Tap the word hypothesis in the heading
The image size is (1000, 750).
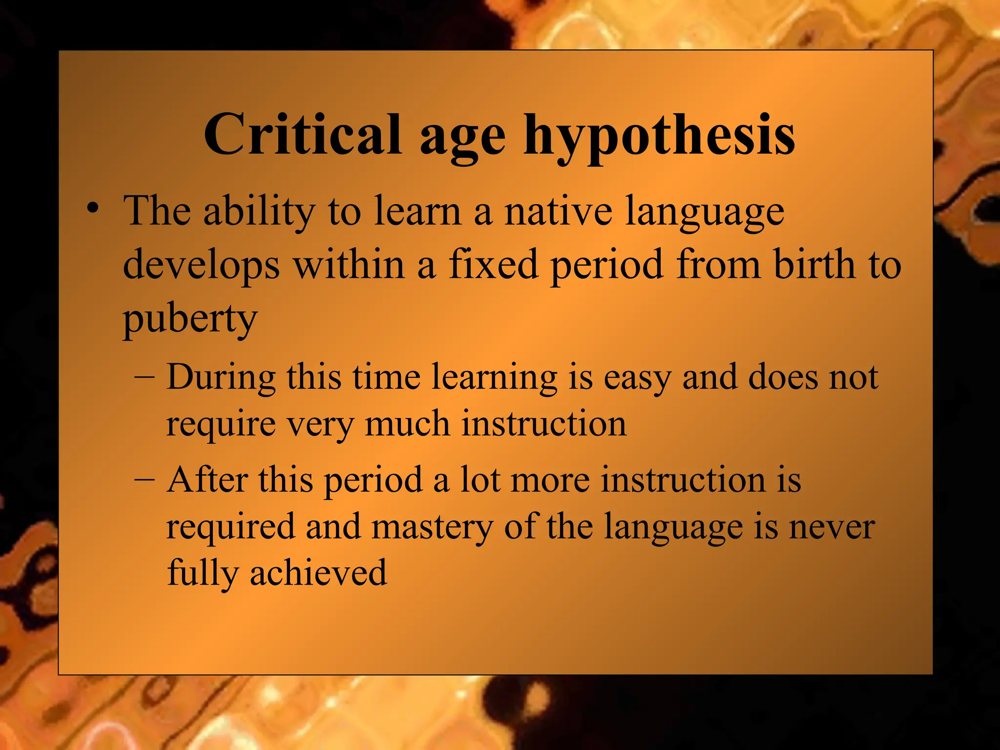coord(659,137)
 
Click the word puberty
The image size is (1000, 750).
coord(189,320)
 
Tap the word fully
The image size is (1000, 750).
coord(202,574)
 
